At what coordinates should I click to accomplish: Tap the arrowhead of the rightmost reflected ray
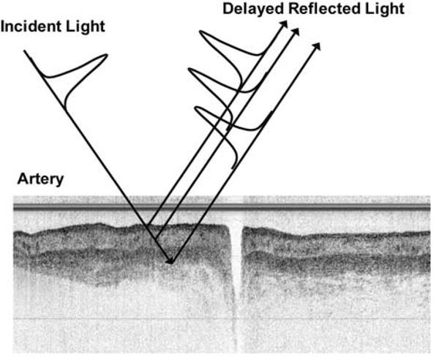pyautogui.click(x=318, y=45)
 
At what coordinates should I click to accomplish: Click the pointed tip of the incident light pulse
pyautogui.click(x=108, y=55)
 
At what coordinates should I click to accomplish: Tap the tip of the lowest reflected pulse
pyautogui.click(x=197, y=110)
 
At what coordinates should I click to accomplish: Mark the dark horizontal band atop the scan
pyautogui.click(x=219, y=208)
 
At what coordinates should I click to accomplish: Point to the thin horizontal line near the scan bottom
pyautogui.click(x=219, y=320)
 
